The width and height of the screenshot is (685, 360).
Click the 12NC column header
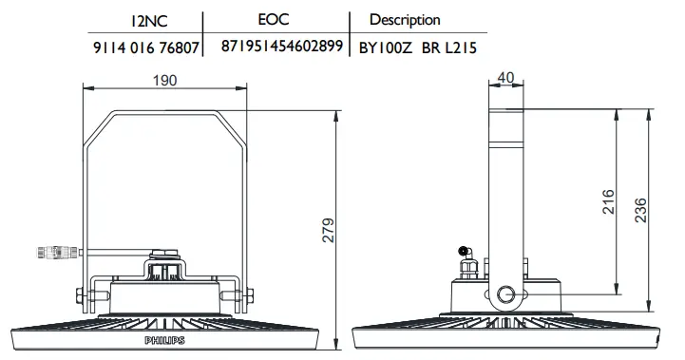coord(148,21)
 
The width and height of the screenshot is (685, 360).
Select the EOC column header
coord(274,19)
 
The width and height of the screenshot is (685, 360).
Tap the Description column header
coord(405,20)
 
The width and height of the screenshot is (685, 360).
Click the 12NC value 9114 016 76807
coord(146,47)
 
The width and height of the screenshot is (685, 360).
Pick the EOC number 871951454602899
coord(282,46)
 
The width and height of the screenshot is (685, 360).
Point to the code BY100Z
coord(386,47)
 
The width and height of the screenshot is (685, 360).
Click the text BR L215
coord(449,47)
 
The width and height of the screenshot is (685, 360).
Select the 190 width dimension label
coord(164,81)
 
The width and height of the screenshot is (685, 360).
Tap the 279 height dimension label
coord(328,230)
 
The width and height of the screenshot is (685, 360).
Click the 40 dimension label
coord(505,78)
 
